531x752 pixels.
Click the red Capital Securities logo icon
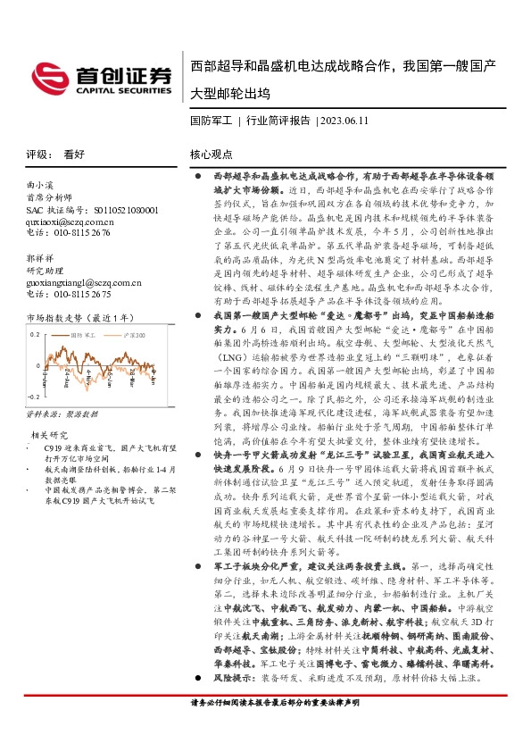[x=50, y=76]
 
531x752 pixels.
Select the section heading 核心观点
[x=212, y=154]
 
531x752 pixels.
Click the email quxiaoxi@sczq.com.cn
[x=69, y=221]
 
